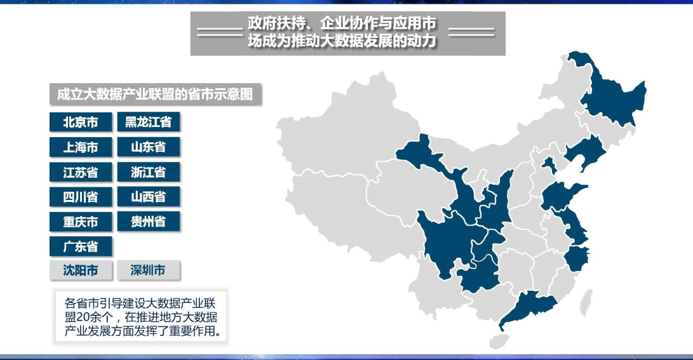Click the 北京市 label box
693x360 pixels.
pos(81,123)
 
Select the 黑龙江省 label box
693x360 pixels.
pos(149,123)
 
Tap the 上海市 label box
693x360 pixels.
pos(81,147)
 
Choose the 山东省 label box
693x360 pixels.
pos(149,147)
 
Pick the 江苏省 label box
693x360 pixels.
pos(81,172)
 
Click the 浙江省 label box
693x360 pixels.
pos(149,172)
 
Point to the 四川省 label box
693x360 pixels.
pos(81,197)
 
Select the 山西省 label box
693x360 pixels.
pos(149,197)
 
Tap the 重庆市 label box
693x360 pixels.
pos(81,222)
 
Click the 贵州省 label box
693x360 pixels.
pos(149,222)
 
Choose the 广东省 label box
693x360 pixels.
pos(81,246)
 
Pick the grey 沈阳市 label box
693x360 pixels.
pos(81,271)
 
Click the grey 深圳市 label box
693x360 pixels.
pos(149,271)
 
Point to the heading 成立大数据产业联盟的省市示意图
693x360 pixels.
pos(155,95)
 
